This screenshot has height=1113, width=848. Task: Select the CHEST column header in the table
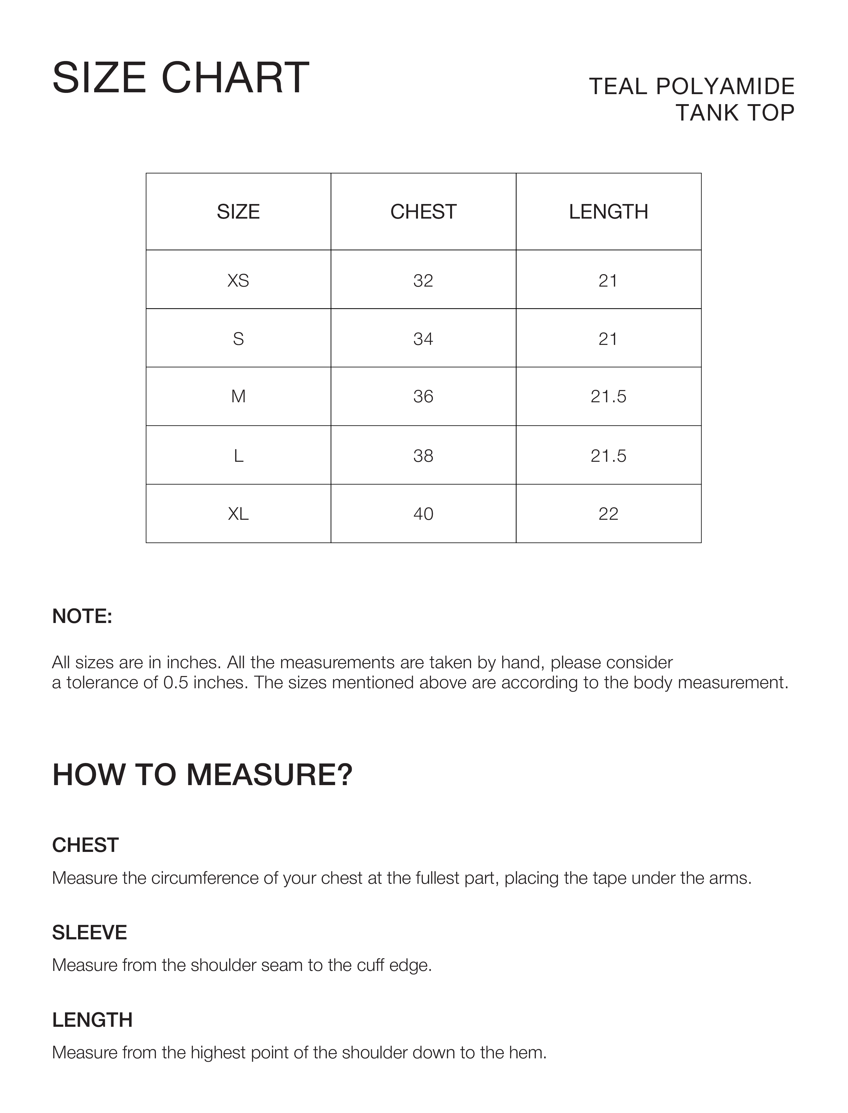pyautogui.click(x=423, y=212)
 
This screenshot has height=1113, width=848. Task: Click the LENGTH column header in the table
pyautogui.click(x=608, y=212)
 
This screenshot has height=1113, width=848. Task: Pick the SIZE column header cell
pyautogui.click(x=238, y=212)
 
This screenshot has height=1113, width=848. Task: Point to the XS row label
pyautogui.click(x=238, y=281)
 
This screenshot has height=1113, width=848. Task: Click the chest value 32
pyautogui.click(x=423, y=281)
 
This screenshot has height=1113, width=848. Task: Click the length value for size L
pyautogui.click(x=608, y=456)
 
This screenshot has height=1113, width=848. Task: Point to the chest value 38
pyautogui.click(x=423, y=456)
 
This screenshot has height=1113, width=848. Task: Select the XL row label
pyautogui.click(x=238, y=514)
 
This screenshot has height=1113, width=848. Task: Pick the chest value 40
pyautogui.click(x=423, y=514)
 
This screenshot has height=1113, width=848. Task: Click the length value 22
pyautogui.click(x=608, y=514)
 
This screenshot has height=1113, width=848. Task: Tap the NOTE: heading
pyautogui.click(x=82, y=617)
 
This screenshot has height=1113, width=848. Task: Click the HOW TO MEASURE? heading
pyautogui.click(x=202, y=775)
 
